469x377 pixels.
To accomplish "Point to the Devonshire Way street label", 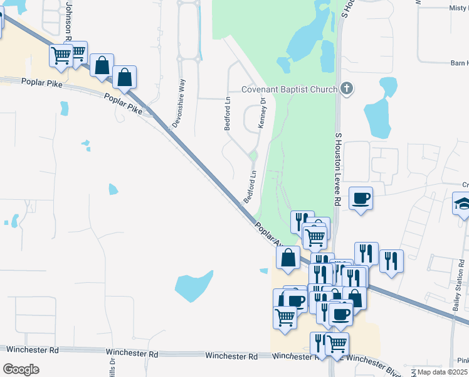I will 183,94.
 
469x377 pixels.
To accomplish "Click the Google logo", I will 21,369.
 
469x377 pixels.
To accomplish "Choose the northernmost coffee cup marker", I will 361,199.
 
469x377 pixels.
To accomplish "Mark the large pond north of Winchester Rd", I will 194,286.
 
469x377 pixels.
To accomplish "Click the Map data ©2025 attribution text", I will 442,372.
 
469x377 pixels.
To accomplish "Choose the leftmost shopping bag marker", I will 102,65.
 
